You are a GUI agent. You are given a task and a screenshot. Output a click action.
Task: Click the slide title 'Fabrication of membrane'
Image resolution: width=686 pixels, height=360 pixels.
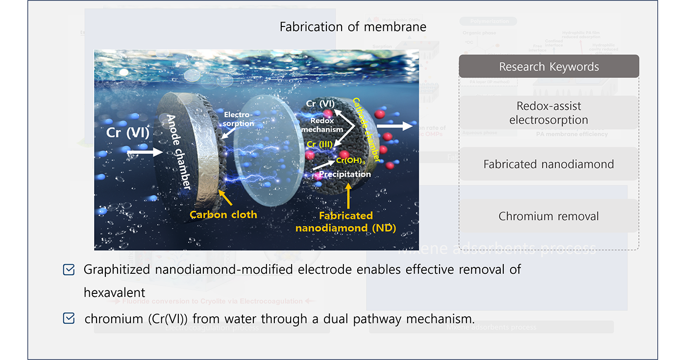tap(353, 26)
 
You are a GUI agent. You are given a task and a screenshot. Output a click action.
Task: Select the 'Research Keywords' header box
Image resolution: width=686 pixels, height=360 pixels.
tap(549, 67)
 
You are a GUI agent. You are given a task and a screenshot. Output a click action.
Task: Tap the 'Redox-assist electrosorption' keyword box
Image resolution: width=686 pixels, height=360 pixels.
tap(549, 113)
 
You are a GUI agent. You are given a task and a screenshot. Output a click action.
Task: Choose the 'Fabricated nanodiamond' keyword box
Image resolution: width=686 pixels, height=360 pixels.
tap(549, 164)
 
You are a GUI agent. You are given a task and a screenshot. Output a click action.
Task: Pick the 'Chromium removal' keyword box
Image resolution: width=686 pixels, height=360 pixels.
tap(549, 216)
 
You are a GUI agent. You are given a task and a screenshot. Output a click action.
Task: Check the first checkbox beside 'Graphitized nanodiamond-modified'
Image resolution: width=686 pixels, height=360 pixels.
tap(69, 269)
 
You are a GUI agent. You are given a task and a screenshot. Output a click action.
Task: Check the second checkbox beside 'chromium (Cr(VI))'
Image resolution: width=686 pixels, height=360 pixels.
tap(69, 319)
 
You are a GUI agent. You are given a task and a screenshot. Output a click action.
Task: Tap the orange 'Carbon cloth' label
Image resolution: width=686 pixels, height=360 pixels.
tap(223, 214)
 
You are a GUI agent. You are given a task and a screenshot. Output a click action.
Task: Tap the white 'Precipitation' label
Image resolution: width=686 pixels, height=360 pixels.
tap(345, 174)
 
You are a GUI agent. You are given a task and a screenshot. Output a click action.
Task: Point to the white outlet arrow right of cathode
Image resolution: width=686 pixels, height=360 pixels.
tap(401, 126)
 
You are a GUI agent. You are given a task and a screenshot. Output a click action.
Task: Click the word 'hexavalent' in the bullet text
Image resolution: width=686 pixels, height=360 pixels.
tap(115, 293)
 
